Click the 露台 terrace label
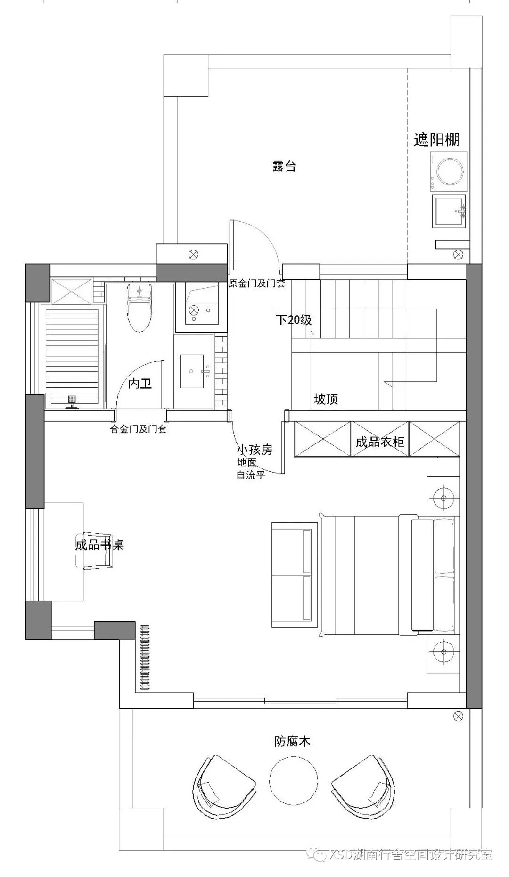[284, 167]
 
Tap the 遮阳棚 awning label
[436, 140]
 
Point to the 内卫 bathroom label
[140, 384]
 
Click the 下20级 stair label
[294, 320]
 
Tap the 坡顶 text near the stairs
[326, 400]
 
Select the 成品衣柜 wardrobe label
[380, 442]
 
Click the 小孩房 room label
[254, 450]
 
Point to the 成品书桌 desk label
[99, 545]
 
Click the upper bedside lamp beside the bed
[443, 497]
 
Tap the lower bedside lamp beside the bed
[443, 652]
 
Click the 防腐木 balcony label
[293, 742]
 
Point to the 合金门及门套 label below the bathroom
[138, 429]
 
